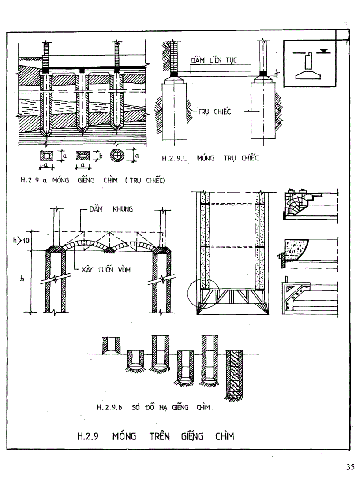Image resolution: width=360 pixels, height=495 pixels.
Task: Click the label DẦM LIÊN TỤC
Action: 214,60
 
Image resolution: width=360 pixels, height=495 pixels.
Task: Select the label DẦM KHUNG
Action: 112,210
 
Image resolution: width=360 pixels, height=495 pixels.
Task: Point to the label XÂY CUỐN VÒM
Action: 106,271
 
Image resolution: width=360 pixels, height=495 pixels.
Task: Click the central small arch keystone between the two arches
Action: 109,250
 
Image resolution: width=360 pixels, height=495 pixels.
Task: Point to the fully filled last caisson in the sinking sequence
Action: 233,375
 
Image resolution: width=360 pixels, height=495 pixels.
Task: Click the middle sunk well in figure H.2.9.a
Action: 82,101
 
